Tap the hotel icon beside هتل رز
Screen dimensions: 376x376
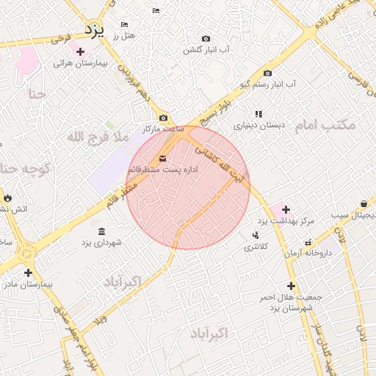tap(123, 24)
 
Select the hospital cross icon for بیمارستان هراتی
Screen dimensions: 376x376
tap(80, 51)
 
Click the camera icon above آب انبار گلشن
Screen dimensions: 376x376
tap(206, 39)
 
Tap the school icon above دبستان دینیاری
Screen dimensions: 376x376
tap(258, 114)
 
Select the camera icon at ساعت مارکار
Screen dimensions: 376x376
tap(163, 118)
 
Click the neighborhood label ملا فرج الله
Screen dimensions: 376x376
tap(98, 137)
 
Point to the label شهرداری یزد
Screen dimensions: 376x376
tap(101, 242)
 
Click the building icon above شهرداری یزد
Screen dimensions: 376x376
tap(101, 231)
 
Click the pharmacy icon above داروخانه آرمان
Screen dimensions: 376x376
tap(308, 242)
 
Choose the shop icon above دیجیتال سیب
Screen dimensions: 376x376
tap(364, 203)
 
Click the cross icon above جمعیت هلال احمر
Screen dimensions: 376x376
tap(291, 286)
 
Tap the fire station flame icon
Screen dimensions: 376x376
tap(7, 198)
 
